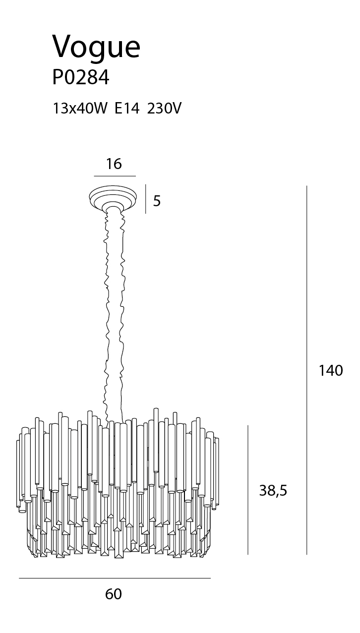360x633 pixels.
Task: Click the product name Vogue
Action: (96, 48)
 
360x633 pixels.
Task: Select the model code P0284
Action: (81, 77)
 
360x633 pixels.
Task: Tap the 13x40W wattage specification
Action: (81, 108)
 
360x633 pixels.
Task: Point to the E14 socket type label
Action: (127, 108)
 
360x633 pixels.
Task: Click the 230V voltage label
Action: (164, 108)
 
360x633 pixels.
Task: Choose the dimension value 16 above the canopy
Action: (114, 164)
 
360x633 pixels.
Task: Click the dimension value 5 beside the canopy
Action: (157, 201)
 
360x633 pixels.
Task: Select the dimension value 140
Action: (331, 370)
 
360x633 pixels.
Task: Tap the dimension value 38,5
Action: (273, 491)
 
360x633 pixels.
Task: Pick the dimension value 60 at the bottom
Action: (114, 594)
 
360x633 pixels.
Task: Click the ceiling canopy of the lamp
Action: (113, 197)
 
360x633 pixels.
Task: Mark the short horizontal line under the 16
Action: (115, 176)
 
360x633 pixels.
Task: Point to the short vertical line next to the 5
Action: (146, 199)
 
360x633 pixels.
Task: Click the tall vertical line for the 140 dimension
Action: (307, 370)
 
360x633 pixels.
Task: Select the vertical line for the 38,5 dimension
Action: (248, 490)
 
